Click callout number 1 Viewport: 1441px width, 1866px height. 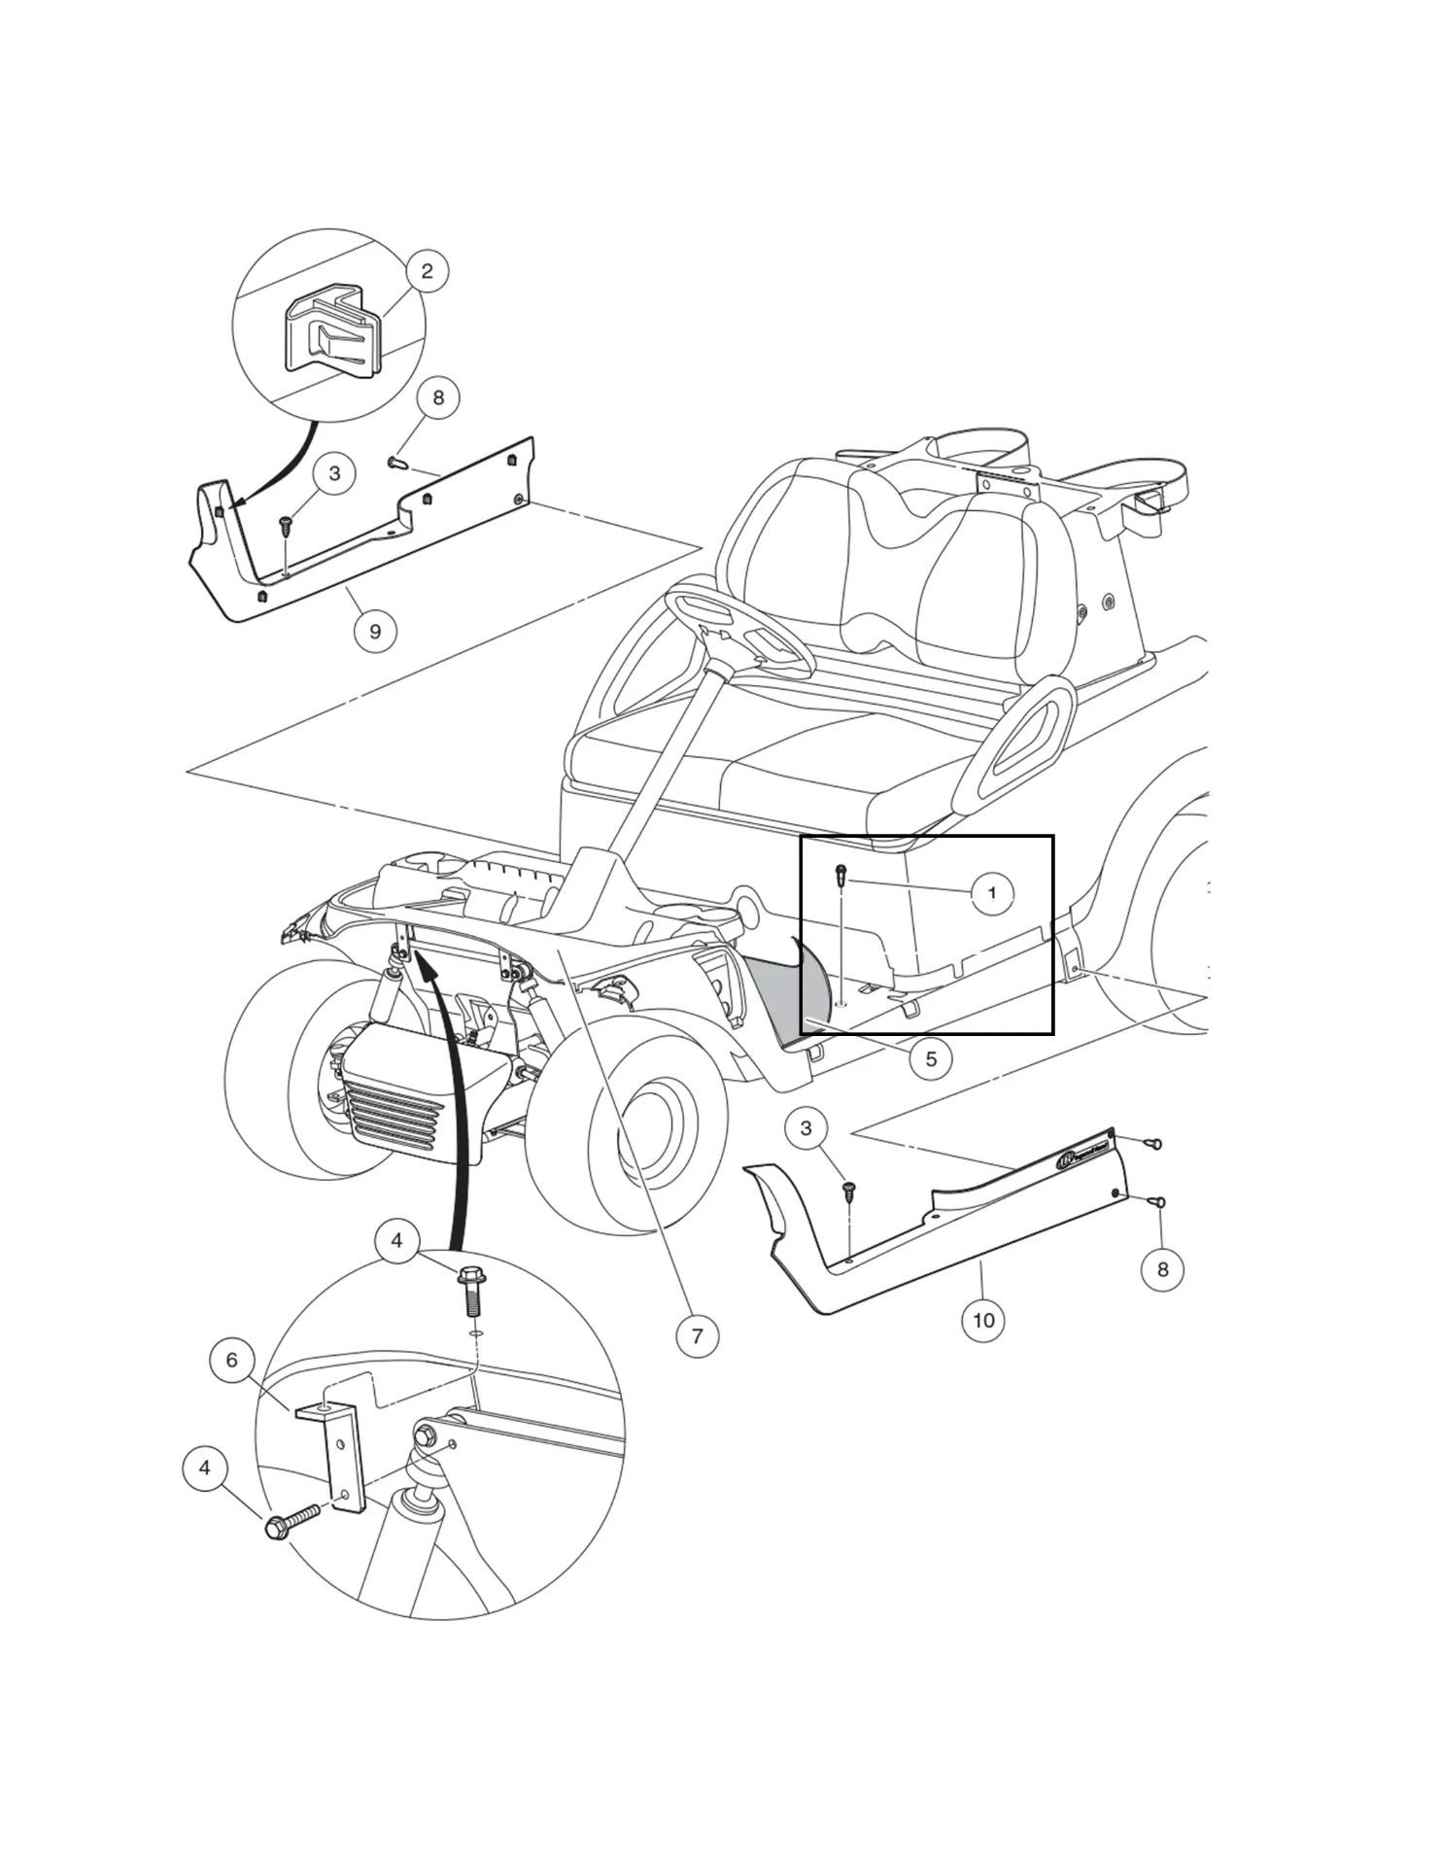click(x=991, y=892)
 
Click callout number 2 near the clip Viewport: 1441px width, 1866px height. click(x=427, y=270)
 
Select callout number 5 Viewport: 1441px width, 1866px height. click(x=930, y=1058)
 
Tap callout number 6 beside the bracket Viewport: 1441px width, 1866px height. click(x=231, y=1360)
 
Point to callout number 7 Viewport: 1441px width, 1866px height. click(x=697, y=1335)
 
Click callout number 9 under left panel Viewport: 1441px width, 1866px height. click(x=375, y=631)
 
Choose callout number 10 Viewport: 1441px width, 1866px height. click(x=982, y=1320)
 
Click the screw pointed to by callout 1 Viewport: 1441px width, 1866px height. click(x=841, y=876)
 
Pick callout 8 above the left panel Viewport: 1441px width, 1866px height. click(x=437, y=397)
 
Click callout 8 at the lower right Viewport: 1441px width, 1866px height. click(x=1162, y=1269)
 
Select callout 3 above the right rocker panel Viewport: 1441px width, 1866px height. click(x=805, y=1128)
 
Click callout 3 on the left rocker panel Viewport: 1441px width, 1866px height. click(x=334, y=473)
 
